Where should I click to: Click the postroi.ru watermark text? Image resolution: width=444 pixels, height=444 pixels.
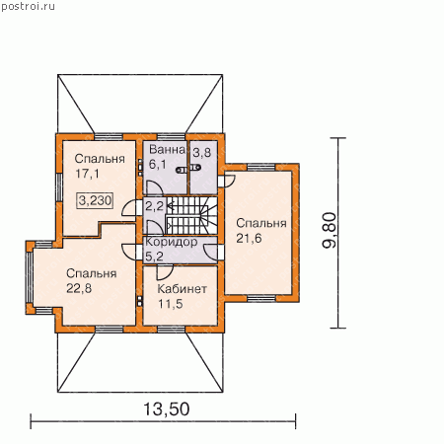[x=28, y=7]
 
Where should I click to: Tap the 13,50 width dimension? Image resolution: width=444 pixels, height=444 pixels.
[x=167, y=409]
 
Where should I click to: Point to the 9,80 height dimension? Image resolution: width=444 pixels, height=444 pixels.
[x=330, y=230]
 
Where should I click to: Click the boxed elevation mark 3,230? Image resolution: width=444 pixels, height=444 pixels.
[x=96, y=200]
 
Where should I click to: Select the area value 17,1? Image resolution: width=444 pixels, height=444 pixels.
[x=87, y=174]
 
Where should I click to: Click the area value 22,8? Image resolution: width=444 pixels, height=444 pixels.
[x=79, y=288]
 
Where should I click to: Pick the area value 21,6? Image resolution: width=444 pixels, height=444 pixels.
[x=249, y=238]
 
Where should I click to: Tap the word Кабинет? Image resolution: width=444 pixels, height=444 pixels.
[x=182, y=289]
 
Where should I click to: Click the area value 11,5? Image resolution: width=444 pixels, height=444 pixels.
[x=170, y=304]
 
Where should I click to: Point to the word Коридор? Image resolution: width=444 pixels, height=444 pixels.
[x=171, y=242]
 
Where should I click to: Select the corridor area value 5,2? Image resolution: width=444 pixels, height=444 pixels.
[x=154, y=257]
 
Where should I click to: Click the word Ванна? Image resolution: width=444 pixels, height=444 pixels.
[x=168, y=150]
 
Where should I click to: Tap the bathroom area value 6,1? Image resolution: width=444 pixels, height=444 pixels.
[x=158, y=164]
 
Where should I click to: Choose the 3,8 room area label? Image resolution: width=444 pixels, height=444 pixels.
[x=201, y=153]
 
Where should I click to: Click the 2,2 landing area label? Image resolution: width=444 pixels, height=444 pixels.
[x=154, y=206]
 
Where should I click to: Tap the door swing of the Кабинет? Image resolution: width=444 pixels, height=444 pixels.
[x=165, y=272]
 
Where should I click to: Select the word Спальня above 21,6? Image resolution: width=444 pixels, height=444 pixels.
[x=261, y=224]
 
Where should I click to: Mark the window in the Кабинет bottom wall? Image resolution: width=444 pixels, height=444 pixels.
[x=171, y=330]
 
